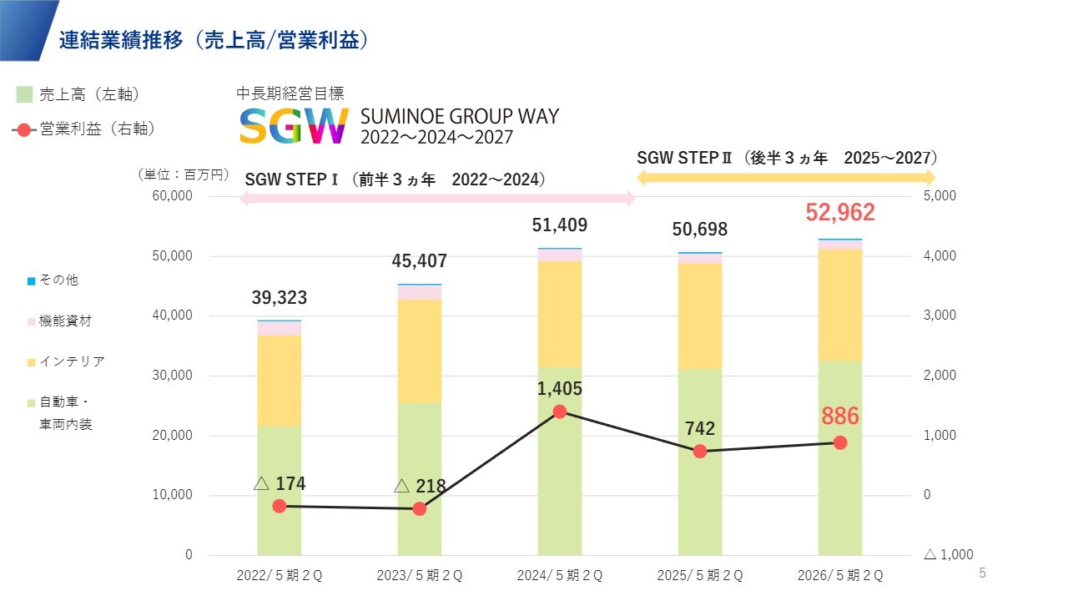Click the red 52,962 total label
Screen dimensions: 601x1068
839,213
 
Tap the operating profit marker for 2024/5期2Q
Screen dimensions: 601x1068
560,412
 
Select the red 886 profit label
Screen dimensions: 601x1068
839,416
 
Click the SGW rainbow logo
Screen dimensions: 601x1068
294,125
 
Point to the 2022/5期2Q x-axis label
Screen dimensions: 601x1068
280,576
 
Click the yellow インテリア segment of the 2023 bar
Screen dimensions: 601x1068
420,351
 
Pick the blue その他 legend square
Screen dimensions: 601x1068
32,281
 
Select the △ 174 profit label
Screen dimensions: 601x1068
280,483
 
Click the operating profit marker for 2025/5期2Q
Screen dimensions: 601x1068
700,451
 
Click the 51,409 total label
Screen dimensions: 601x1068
560,225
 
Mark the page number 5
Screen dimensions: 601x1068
982,573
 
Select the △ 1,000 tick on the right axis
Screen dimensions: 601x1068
948,555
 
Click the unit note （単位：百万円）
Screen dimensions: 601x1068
183,174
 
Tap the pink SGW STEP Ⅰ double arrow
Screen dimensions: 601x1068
437,199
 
